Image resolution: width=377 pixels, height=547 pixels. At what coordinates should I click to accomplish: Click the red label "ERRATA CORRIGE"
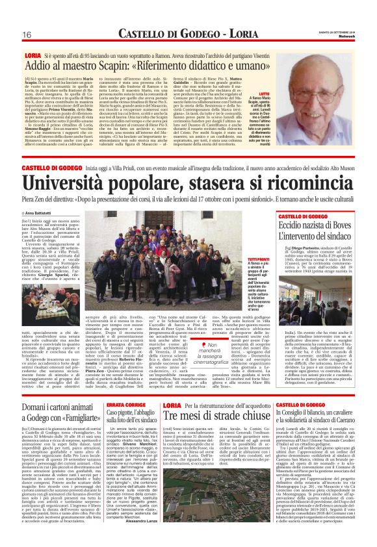pos(122,386)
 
